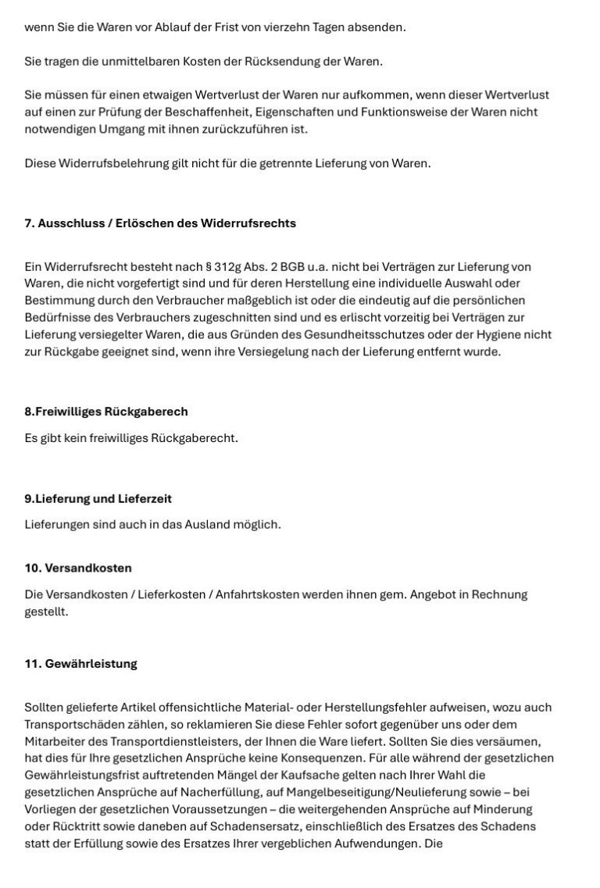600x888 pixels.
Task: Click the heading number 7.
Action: click(29, 223)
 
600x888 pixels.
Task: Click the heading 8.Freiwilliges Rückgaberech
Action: click(106, 411)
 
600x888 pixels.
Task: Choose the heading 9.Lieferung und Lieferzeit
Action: click(98, 498)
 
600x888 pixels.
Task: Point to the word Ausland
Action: click(209, 524)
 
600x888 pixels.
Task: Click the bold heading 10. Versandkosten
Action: click(78, 568)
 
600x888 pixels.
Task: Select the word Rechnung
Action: click(501, 594)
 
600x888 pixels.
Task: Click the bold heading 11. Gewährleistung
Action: click(80, 664)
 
